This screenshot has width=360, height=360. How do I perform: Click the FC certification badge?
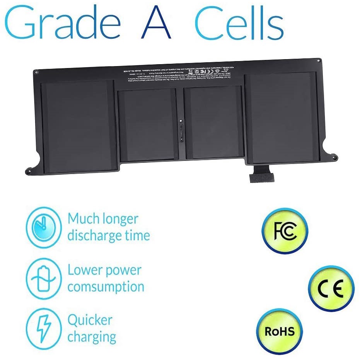tap(285, 231)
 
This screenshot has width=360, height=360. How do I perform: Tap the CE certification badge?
tap(331, 288)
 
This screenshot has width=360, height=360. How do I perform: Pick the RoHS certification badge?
tap(280, 331)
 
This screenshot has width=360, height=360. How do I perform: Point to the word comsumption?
tap(106, 287)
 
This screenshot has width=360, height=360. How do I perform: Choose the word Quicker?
tap(90, 320)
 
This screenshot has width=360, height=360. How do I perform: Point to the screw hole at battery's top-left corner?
tap(36, 72)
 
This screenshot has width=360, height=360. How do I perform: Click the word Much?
tap(82, 219)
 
